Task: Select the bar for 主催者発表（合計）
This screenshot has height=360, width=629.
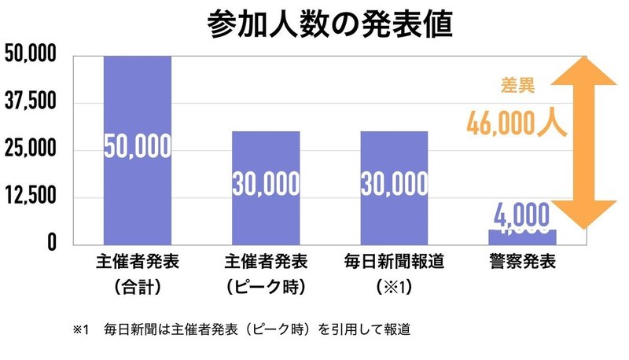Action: coord(138,94)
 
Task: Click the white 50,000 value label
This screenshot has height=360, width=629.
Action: coord(138,146)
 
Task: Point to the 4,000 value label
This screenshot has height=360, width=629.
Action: coord(522,214)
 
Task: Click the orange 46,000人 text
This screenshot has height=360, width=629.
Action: coord(516,123)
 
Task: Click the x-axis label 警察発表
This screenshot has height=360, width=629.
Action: coord(522,263)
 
